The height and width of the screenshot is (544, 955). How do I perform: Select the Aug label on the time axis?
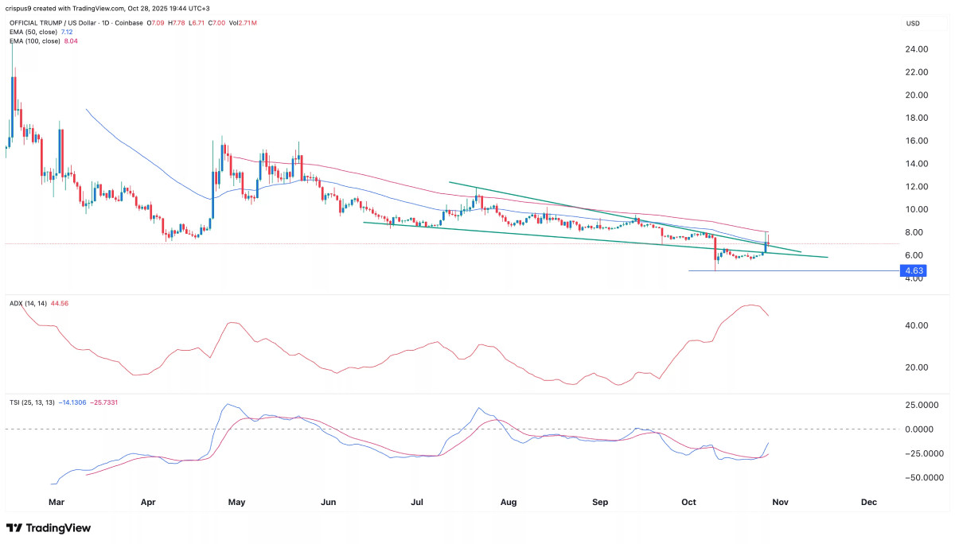coord(509,503)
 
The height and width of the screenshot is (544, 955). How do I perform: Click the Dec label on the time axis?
coord(869,503)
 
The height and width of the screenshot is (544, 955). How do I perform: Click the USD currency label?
coord(913,24)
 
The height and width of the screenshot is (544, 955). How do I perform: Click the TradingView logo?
coord(49,528)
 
